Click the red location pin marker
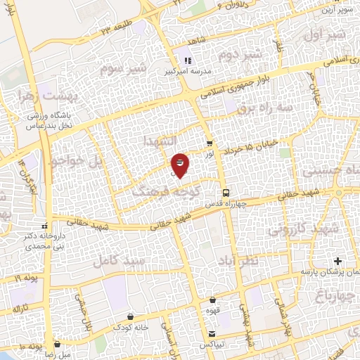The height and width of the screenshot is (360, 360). tap(179, 164)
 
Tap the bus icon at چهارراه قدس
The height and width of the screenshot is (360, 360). tap(225, 192)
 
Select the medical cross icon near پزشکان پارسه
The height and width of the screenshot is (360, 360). tap(340, 261)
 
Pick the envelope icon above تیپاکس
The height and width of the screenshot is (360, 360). tap(212, 333)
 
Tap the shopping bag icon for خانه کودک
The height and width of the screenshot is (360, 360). tap(131, 317)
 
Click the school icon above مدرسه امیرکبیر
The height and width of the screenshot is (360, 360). tap(188, 60)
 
